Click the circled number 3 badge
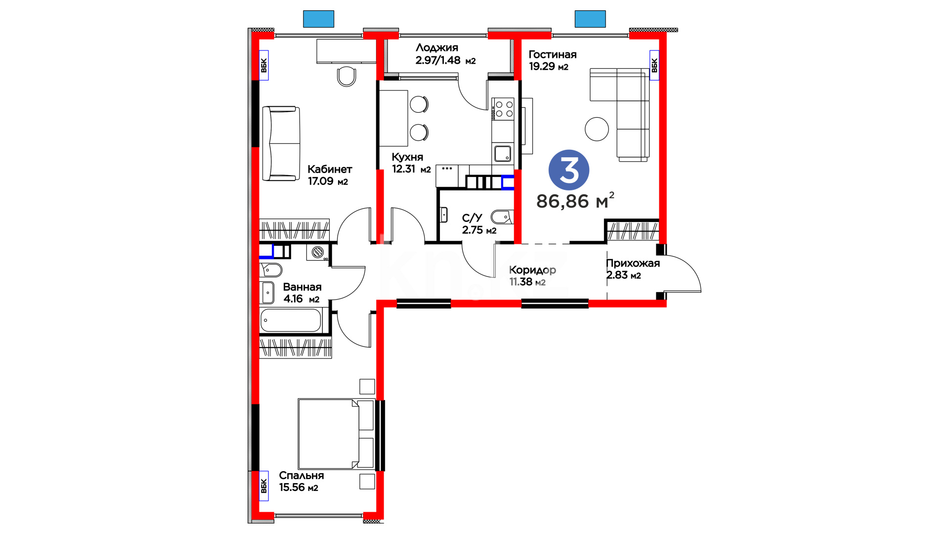tap(569, 170)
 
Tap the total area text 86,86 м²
tap(575, 201)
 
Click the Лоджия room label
tap(437, 47)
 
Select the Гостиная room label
tap(553, 54)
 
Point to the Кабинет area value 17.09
tap(321, 181)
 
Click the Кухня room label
tap(407, 157)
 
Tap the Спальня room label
tap(302, 475)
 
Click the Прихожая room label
tap(633, 263)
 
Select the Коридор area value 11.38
tap(521, 282)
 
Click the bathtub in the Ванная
tap(291, 320)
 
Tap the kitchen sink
tap(503, 154)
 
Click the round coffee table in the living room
tap(597, 129)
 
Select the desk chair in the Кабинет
tap(346, 76)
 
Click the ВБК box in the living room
tap(654, 65)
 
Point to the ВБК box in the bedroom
tap(263, 486)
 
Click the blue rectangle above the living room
tap(590, 19)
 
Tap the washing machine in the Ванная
tap(318, 252)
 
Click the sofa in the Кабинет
tap(281, 143)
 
